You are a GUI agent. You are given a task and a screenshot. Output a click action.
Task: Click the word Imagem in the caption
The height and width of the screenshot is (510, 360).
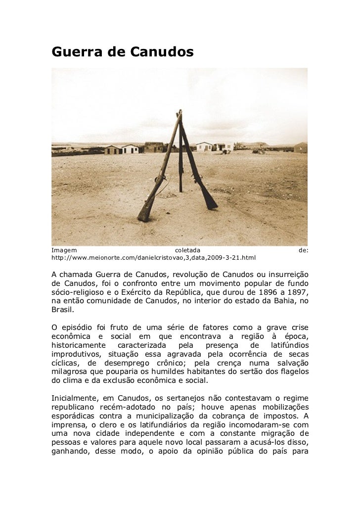(64, 250)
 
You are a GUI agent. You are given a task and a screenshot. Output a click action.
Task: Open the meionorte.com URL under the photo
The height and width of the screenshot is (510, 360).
(153, 258)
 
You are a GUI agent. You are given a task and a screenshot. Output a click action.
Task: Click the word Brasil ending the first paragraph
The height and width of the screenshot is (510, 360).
(61, 310)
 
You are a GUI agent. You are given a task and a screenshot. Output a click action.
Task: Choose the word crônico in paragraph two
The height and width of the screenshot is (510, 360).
(163, 363)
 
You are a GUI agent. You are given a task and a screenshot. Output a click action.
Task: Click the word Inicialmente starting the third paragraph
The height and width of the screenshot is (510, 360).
(75, 398)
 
